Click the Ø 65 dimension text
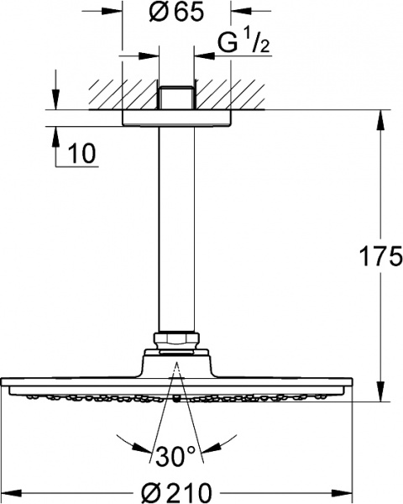[x=177, y=14]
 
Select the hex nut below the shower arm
[x=177, y=343]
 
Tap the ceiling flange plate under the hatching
[x=177, y=118]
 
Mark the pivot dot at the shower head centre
[x=177, y=401]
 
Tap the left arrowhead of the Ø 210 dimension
[x=9, y=486]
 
